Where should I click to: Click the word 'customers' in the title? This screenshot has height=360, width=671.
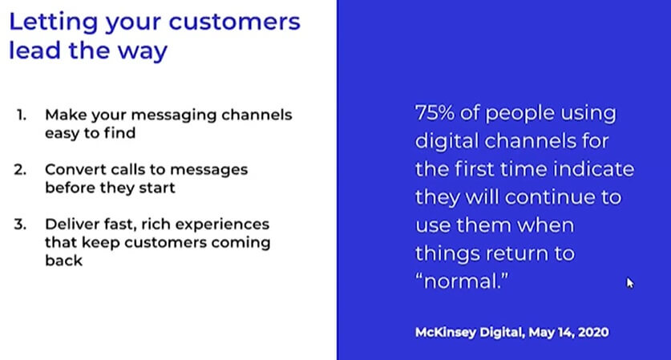pos(235,22)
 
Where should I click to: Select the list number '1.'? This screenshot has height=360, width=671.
pos(22,115)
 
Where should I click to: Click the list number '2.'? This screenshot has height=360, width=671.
pos(20,169)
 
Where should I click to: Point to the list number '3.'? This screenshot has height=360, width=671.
pos(20,224)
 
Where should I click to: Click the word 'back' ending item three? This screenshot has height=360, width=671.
pos(63,261)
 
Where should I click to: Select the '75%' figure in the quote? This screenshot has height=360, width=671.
pos(435,113)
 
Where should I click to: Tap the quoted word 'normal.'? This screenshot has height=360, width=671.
pos(462,281)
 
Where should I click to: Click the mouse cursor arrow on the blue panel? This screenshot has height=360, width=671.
pos(629,283)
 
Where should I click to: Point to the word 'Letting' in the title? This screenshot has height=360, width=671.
pos(54,22)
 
